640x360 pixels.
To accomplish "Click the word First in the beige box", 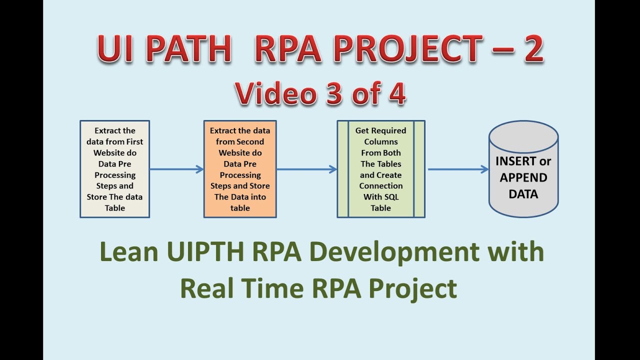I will tap(133, 141).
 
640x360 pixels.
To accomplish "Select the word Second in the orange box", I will tap(251, 141).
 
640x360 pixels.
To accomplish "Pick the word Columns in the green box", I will tap(381, 141).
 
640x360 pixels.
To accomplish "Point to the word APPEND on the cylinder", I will tap(523, 177).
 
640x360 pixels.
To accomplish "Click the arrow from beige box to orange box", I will tap(176, 169).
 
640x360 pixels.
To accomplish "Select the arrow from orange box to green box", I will tap(306, 169).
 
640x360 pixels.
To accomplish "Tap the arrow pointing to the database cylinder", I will tap(457, 169).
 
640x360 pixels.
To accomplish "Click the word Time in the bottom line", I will tap(277, 288).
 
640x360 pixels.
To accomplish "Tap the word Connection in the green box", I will tap(381, 185).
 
